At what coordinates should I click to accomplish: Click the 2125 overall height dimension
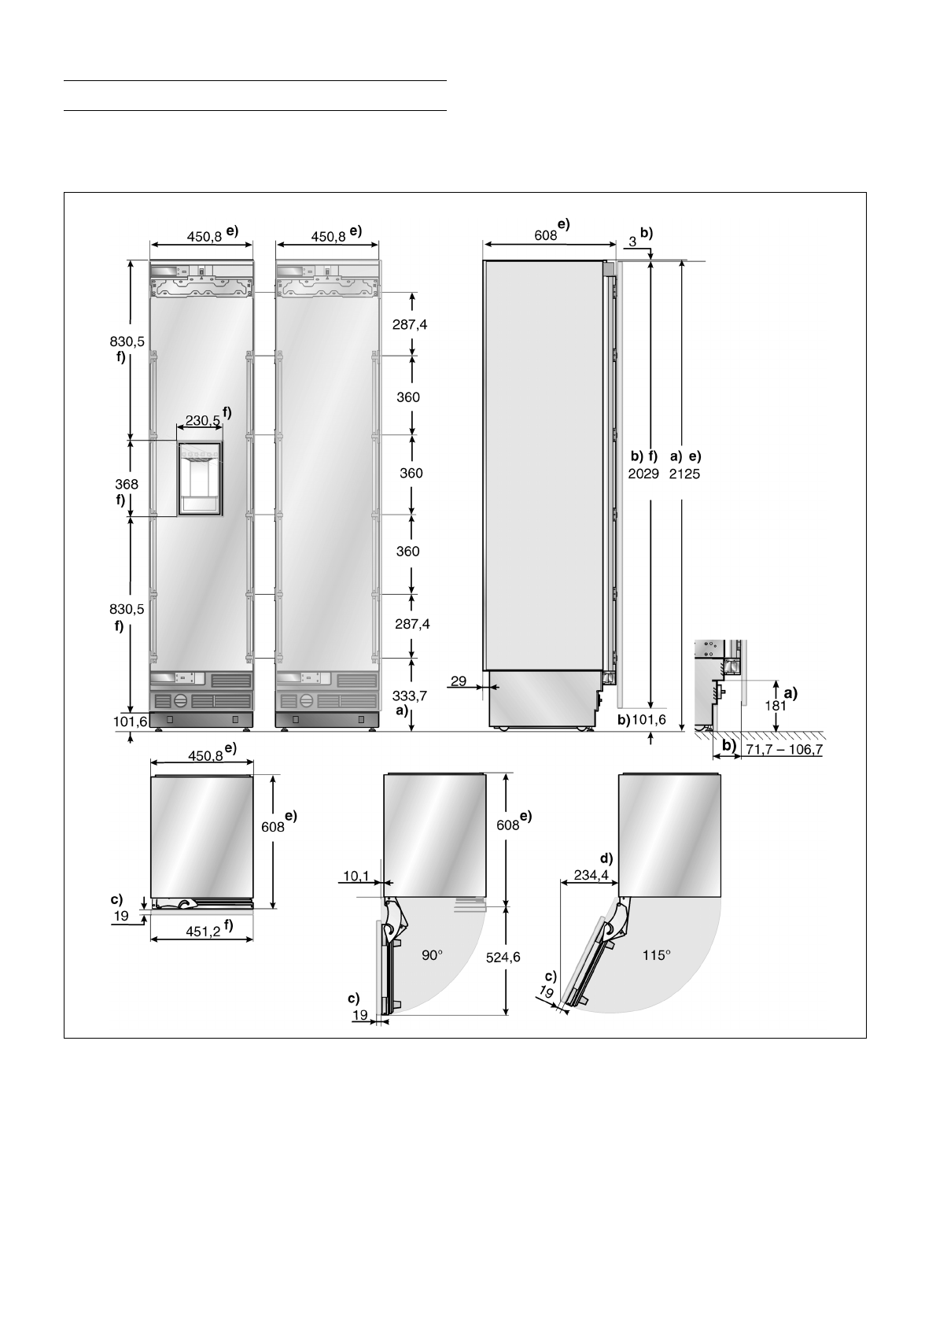(x=685, y=474)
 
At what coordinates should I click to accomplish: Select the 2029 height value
(x=643, y=474)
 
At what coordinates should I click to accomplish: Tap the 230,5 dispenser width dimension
(x=203, y=421)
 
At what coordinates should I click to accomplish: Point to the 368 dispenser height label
(x=127, y=484)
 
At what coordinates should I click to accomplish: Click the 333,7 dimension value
(x=409, y=696)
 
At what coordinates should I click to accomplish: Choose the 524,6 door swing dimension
(x=503, y=957)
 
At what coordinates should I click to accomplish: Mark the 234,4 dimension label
(x=591, y=875)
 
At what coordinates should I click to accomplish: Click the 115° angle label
(x=656, y=954)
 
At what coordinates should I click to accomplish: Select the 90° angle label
(x=433, y=955)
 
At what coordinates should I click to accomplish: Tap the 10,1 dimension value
(x=356, y=876)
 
